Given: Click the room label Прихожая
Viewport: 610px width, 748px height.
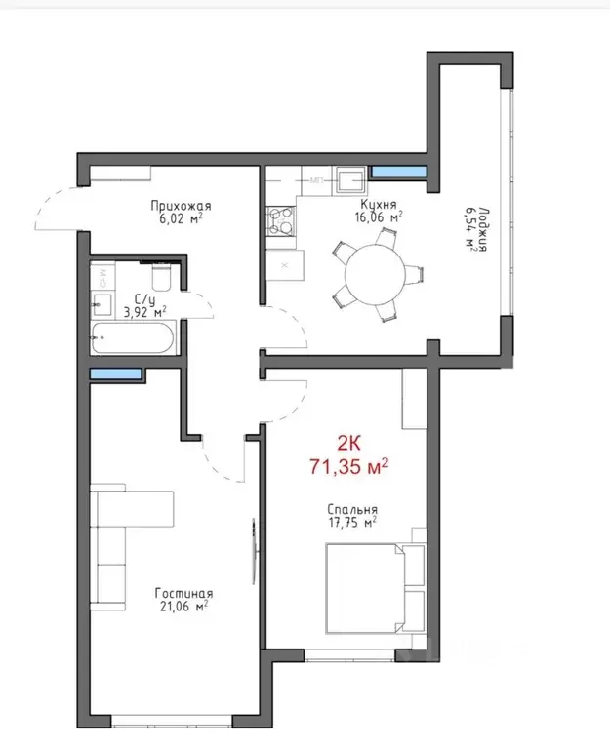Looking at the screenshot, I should pos(181,206).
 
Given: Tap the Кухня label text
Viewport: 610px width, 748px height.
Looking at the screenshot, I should pos(377,206).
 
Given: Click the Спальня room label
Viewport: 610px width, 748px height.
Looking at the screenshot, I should pos(352,509).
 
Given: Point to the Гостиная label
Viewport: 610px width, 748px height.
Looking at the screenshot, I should pos(183,594).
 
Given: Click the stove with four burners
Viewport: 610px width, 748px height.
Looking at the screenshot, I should pos(281,219).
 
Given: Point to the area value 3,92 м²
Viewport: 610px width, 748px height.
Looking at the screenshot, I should pos(144,313).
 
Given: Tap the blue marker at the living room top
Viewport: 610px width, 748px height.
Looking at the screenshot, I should pos(115,374).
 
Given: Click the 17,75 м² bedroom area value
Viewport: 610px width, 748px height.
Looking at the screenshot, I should pos(352,523).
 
